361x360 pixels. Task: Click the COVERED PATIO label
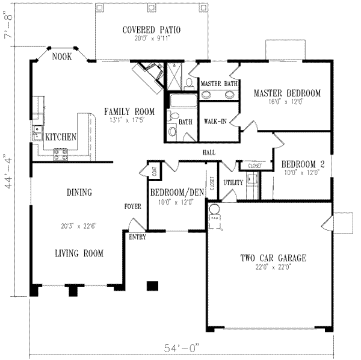[152, 29]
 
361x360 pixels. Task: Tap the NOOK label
[63, 57]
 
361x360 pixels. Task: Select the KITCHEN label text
[61, 137]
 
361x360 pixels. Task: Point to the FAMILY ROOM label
[129, 111]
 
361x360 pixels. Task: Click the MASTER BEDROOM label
[286, 93]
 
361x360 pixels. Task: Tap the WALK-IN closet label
[215, 121]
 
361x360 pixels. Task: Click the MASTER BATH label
[219, 84]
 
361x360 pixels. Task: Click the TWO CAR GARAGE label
[274, 258]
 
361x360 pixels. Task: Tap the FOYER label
[132, 206]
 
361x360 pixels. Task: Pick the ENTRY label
[137, 237]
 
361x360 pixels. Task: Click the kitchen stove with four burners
[61, 155]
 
